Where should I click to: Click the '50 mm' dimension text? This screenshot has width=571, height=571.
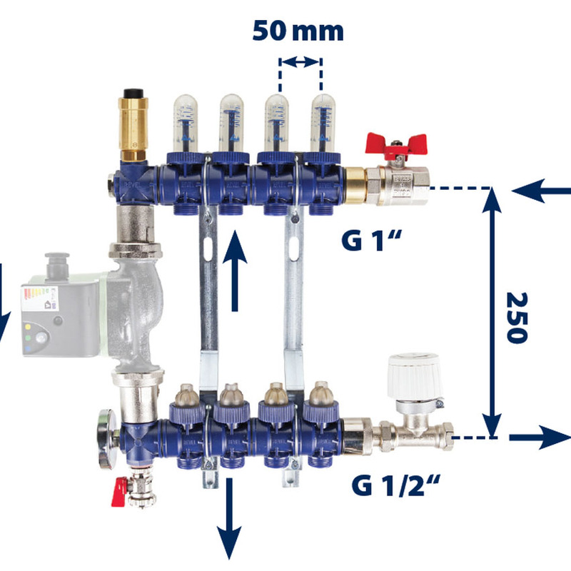click(298, 31)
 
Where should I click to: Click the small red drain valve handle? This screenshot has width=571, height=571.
click(118, 492)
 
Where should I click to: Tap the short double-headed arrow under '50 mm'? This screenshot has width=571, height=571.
click(300, 63)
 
